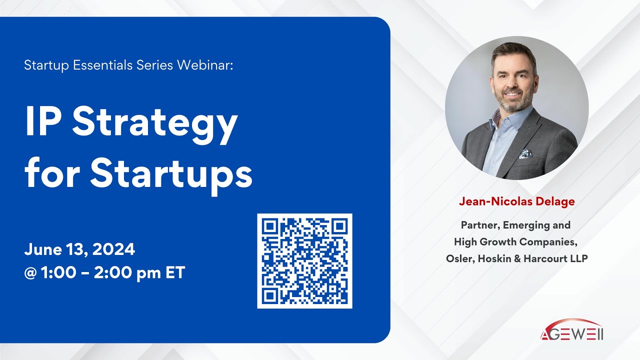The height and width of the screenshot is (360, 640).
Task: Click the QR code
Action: [304, 261]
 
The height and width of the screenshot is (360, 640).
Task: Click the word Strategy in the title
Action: [155, 123]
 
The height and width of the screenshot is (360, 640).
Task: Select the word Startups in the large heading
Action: [171, 172]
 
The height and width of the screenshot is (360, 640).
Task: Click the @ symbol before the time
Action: [30, 273]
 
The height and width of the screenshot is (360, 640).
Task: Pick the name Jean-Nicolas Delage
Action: [516, 201]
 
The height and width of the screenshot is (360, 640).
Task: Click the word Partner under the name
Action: [480, 225]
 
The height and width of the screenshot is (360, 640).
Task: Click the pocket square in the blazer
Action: [524, 153]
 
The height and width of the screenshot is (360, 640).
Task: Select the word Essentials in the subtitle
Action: [103, 65]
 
